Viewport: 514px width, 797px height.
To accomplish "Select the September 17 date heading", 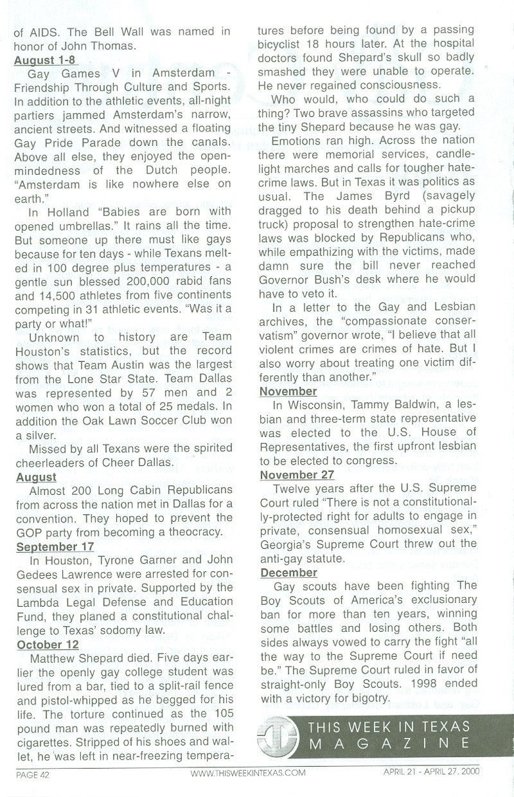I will (x=55, y=547).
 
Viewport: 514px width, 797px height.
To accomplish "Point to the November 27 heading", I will (x=297, y=475).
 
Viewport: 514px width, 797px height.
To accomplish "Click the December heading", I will (x=288, y=572).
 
